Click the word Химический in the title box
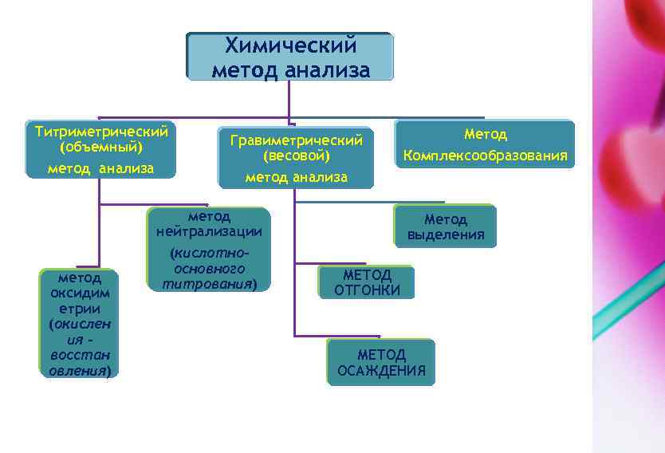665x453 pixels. pos(289,46)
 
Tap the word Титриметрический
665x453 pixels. pos(101,130)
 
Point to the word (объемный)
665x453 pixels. pos(101,148)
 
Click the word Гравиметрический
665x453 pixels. pos(296,140)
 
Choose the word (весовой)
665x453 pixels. pos(296,156)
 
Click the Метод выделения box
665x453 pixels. pos(445,226)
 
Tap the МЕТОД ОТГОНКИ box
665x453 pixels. pos(367,282)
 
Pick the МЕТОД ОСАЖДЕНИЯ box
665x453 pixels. pos(381,362)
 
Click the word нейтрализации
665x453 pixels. pos(209,232)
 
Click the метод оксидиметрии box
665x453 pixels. pos(80,322)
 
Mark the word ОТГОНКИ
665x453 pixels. pos(367,290)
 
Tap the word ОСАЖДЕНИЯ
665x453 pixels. pos(381,371)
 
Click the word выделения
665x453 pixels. pos(446,235)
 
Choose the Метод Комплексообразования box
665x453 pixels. pos(485,144)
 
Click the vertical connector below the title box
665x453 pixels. pos(289,98)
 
